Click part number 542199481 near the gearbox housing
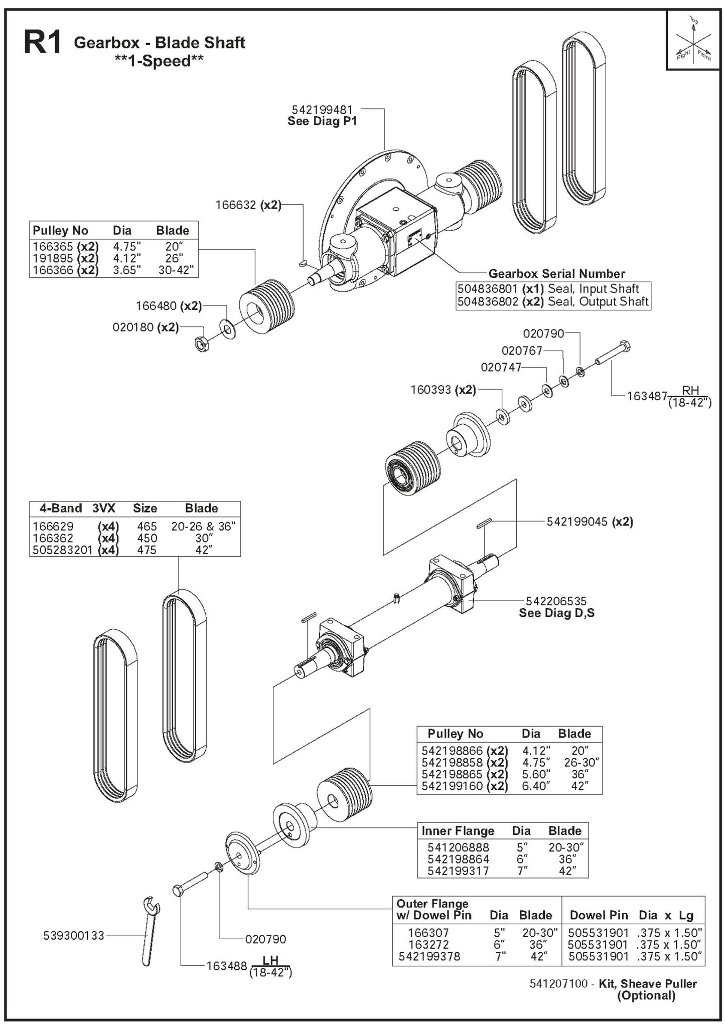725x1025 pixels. [x=323, y=109]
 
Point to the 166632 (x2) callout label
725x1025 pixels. [x=248, y=205]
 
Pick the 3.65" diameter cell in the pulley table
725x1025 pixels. [x=127, y=270]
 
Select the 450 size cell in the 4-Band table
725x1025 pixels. [x=147, y=538]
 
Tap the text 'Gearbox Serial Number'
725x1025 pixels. [x=556, y=274]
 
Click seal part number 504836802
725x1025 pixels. [x=488, y=302]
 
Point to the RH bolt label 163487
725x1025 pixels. [x=647, y=396]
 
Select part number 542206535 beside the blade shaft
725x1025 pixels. [x=556, y=601]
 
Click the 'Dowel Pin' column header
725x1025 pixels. [x=599, y=915]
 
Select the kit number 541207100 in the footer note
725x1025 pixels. [x=558, y=984]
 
